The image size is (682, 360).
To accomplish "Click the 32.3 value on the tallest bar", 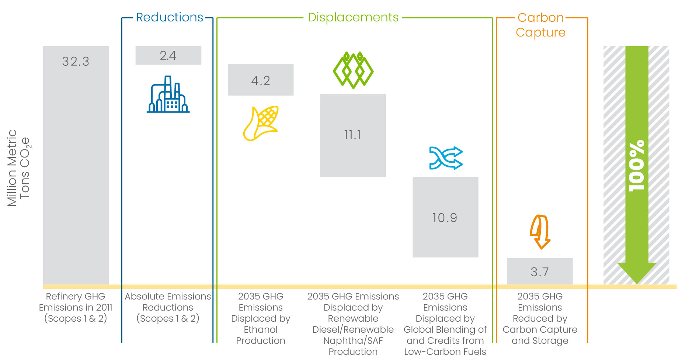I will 76,62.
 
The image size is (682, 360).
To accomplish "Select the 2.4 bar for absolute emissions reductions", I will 168,55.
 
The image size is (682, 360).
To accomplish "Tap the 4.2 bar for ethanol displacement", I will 261,80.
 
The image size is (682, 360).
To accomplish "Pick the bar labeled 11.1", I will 353,135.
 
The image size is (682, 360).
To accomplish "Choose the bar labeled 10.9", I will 445,217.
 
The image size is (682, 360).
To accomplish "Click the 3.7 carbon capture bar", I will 540,272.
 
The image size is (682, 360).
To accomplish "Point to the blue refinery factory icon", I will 168,95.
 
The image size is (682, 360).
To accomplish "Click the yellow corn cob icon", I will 261,123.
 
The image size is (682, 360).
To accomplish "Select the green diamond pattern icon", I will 353,70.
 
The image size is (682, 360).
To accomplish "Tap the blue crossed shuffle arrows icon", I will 446,158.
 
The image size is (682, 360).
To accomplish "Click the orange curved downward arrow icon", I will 540,232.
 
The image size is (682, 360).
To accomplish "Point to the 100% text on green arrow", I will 637,166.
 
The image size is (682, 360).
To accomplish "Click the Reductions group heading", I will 170,17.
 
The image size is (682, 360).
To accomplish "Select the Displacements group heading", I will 353,17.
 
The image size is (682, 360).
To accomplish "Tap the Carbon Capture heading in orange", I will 540,25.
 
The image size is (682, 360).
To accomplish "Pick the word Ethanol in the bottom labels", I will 261,329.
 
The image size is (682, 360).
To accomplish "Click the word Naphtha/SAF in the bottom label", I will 353,340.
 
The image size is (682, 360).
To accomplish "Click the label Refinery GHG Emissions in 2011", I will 76,307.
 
